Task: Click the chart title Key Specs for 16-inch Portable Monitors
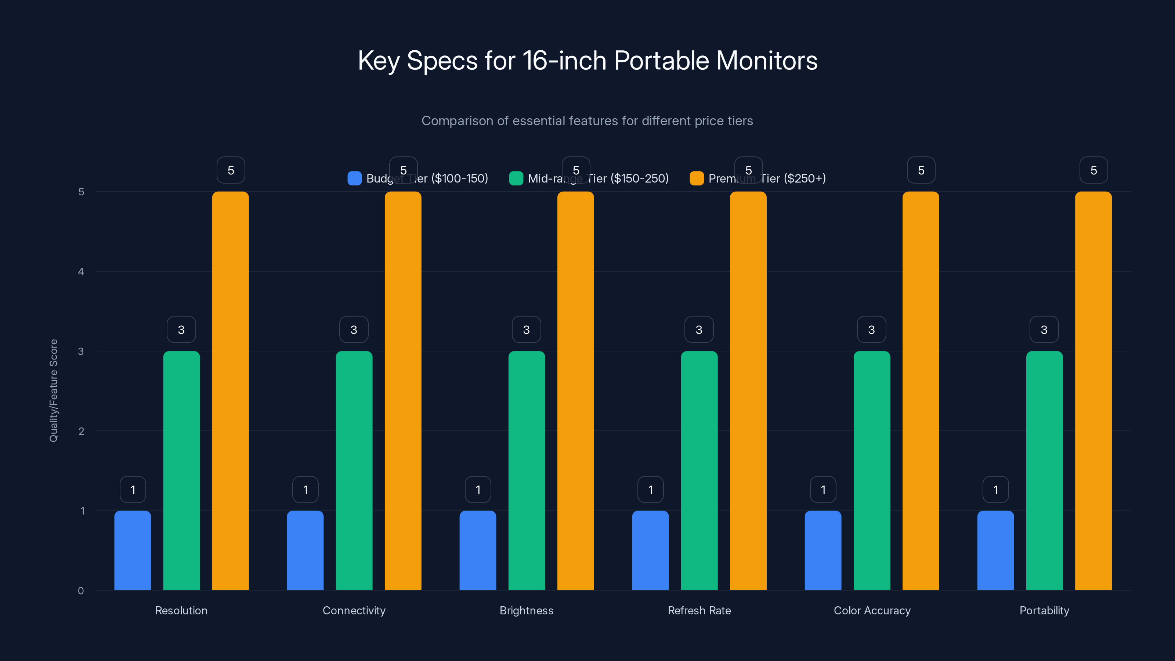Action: point(587,61)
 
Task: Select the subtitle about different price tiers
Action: point(587,121)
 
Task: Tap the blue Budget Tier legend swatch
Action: point(354,178)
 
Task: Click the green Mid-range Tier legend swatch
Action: point(516,178)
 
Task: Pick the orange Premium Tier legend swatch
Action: point(697,178)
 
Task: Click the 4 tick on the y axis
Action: point(81,272)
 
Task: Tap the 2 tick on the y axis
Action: point(81,431)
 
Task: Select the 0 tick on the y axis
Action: point(81,591)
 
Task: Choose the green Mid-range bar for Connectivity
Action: point(354,471)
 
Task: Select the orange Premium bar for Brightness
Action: point(576,391)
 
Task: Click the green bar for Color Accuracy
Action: point(872,471)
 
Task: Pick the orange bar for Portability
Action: point(1093,391)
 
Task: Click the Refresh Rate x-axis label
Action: point(699,610)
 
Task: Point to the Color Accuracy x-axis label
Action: point(872,610)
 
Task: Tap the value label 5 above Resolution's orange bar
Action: point(231,170)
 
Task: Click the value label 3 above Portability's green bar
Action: point(1044,329)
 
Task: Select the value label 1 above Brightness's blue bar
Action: point(478,490)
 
